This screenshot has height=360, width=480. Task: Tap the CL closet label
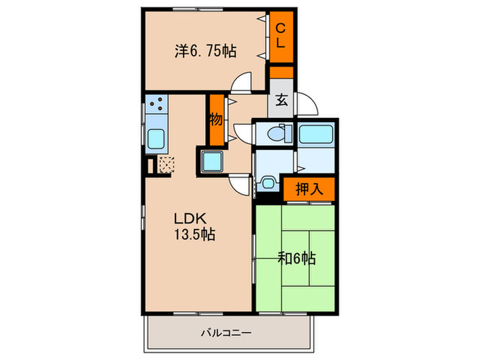click(280, 36)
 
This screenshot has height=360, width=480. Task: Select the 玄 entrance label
click(281, 99)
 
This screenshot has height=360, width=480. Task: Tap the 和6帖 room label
click(296, 259)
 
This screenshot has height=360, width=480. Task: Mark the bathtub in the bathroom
click(316, 134)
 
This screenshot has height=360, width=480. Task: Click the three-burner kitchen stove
click(156, 105)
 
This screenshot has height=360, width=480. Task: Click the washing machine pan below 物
click(212, 163)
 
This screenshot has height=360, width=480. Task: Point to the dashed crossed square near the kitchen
click(167, 165)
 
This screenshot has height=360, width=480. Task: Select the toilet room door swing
click(242, 132)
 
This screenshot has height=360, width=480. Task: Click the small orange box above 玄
click(281, 72)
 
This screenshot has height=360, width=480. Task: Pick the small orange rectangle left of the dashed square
click(149, 166)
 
